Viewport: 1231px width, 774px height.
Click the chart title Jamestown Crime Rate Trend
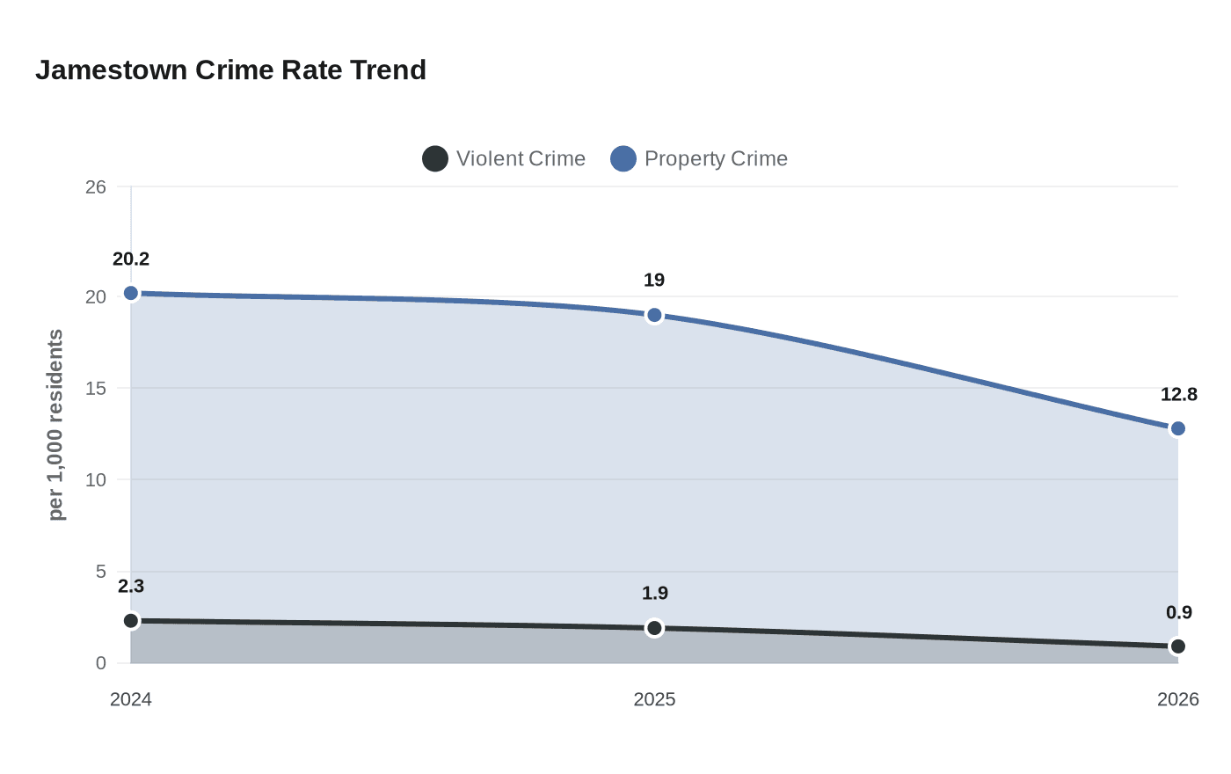(x=230, y=70)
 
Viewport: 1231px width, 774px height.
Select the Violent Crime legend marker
(x=435, y=159)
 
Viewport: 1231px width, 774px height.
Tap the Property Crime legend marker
(x=623, y=159)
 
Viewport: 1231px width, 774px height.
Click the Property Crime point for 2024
(x=131, y=293)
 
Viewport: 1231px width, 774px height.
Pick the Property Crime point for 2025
(x=654, y=315)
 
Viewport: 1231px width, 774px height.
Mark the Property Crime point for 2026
(x=1177, y=428)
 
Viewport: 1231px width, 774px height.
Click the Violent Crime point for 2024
(x=131, y=621)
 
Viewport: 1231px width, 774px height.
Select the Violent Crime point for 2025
(x=654, y=628)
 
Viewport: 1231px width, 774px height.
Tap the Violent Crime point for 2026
(x=1177, y=646)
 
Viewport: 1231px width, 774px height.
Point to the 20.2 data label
(x=131, y=259)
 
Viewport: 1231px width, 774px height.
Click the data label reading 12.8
(x=1178, y=395)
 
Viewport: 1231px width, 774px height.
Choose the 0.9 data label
(x=1178, y=613)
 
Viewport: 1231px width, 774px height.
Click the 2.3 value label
(x=131, y=587)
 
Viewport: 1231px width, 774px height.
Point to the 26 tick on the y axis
(x=96, y=186)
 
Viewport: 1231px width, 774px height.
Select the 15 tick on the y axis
(x=96, y=388)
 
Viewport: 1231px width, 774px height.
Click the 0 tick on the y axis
(x=101, y=663)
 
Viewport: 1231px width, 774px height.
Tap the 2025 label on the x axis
(x=654, y=699)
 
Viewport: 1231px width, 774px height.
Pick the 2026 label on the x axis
(x=1177, y=699)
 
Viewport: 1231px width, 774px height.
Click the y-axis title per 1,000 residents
(x=56, y=425)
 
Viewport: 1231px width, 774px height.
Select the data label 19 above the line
(x=654, y=281)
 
